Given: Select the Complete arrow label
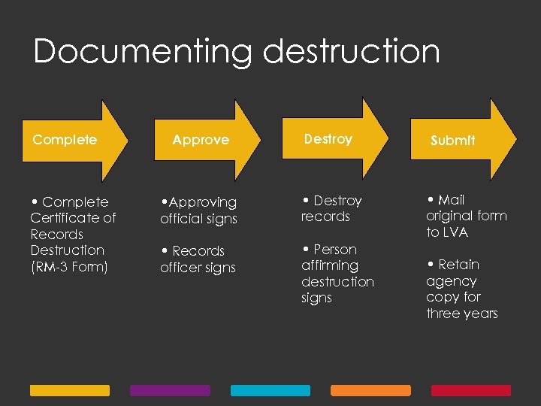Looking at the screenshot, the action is coord(65,140).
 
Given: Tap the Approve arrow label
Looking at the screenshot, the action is coord(201,140).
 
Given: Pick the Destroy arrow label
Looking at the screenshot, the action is coord(328,139).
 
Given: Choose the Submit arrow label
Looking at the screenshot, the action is coord(452,141).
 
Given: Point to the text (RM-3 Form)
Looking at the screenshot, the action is coord(69,267).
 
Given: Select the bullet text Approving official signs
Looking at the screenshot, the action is coord(198,211).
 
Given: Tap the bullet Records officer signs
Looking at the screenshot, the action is coord(198,259).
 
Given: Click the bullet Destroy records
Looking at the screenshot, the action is coord(331,208).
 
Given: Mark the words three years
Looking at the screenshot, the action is coord(461,314).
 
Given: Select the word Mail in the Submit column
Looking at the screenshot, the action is coord(451,200).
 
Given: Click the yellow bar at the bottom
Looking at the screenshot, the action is coord(69,391).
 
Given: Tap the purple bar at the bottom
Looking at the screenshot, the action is coord(170,391).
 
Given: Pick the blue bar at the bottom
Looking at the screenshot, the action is coord(270,391).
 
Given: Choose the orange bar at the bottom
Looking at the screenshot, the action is coord(370,391).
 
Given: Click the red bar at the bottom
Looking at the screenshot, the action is coord(470,391).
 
